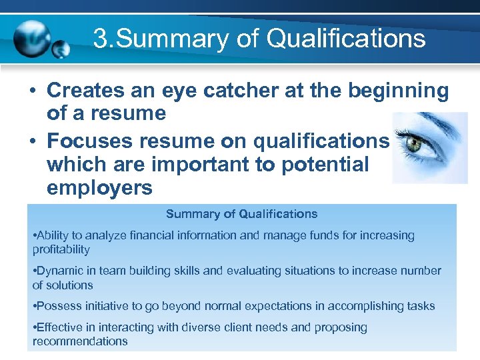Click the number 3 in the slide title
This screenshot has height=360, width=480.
pos(99,39)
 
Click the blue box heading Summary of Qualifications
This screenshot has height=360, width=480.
pos(241,214)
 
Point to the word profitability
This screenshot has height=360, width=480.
pos(61,249)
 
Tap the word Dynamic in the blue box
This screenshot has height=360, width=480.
pos(58,271)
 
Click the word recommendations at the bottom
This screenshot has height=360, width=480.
pos(79,341)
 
